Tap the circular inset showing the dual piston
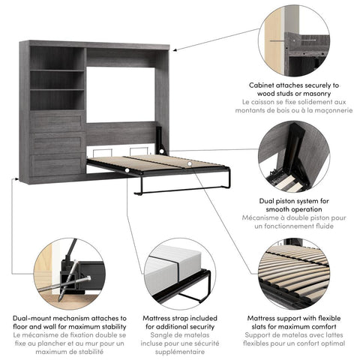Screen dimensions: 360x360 click(x=294, y=160)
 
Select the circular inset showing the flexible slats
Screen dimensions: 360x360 click(x=294, y=271)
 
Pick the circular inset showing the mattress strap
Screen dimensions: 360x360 click(x=181, y=271)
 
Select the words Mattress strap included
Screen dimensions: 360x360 click(x=180, y=319)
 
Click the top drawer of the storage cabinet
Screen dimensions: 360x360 click(x=57, y=121)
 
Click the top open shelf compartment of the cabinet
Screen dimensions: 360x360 click(x=57, y=59)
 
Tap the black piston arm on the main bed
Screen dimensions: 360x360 click(x=160, y=139)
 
